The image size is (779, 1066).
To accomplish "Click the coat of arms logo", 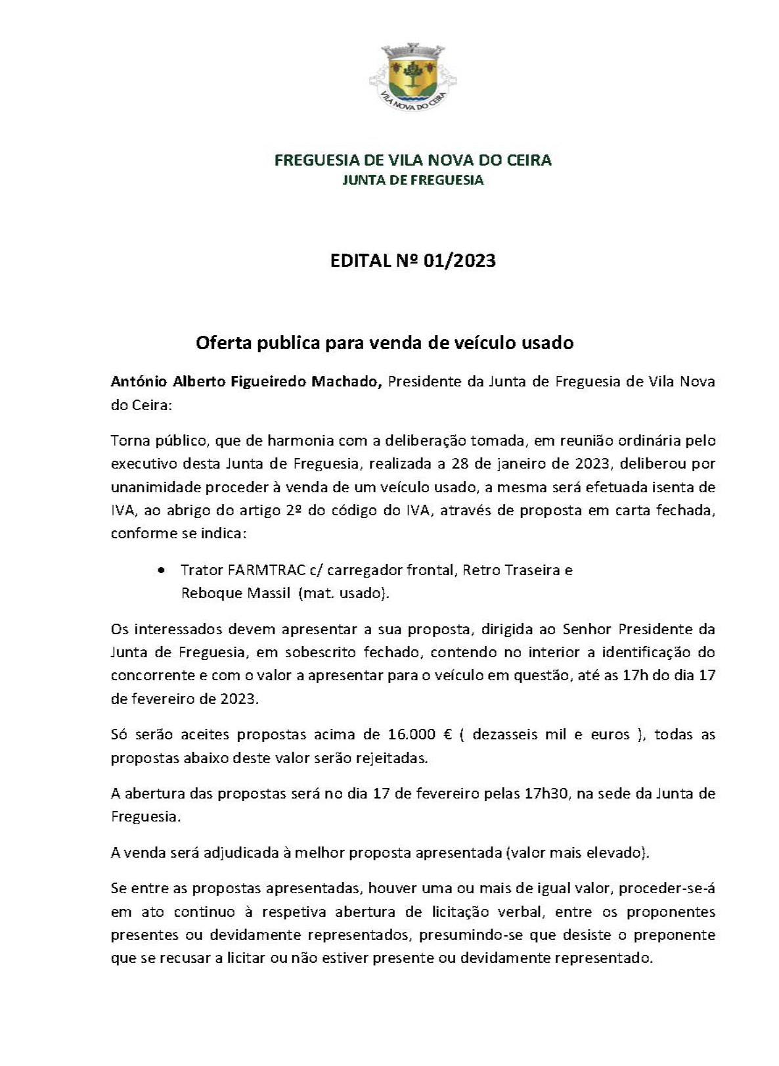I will coord(412,77).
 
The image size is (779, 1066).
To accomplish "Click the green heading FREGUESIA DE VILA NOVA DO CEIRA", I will coord(412,160).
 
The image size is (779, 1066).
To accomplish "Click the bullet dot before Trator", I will coord(162,570).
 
